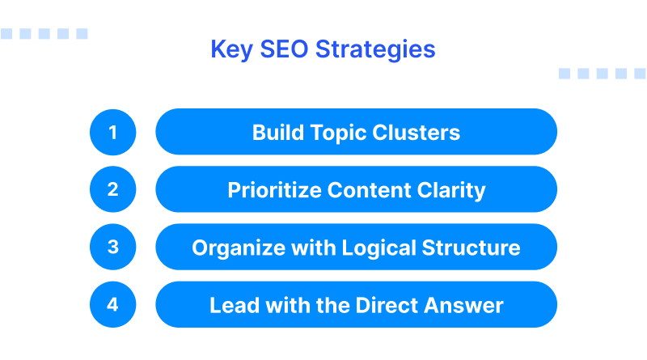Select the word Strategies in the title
(376, 50)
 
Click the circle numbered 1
(112, 132)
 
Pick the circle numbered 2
(112, 189)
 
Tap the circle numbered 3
(112, 247)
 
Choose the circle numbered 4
(112, 305)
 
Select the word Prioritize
(274, 191)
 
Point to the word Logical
(360, 248)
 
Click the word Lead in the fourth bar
(230, 306)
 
